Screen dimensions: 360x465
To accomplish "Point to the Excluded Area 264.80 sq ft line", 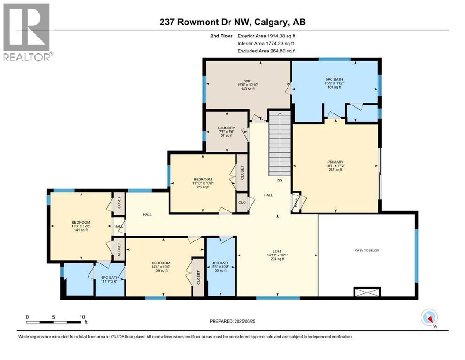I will click(266, 51).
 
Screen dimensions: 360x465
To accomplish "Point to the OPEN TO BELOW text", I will click(367, 251).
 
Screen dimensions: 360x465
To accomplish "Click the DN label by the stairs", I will click(279, 180).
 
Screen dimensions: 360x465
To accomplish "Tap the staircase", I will click(279, 141).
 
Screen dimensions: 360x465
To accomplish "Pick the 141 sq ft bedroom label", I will click(81, 226).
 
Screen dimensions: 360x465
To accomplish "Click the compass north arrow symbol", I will click(429, 318).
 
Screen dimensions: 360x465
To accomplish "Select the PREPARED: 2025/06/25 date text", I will click(234, 321).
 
